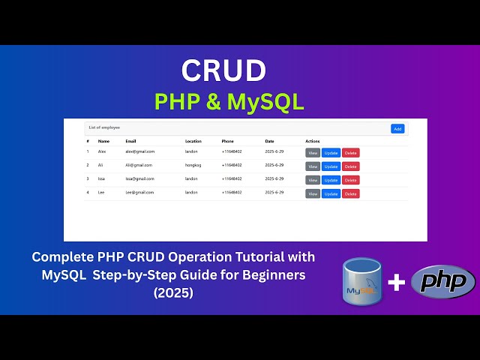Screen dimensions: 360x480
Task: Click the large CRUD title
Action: (223, 70)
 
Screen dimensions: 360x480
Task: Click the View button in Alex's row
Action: (313, 152)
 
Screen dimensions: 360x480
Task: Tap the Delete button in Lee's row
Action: (350, 193)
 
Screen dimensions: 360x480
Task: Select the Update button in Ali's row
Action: (331, 166)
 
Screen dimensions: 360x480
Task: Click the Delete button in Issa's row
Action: (350, 180)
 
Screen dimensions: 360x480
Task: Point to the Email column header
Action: (130, 141)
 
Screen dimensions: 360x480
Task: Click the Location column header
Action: (194, 141)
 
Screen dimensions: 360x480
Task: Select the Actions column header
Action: (313, 141)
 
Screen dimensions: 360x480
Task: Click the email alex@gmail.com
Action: (139, 151)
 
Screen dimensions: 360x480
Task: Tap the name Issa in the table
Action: (103, 179)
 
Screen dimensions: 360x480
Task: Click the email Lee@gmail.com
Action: (139, 193)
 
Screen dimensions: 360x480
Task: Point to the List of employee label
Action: (104, 128)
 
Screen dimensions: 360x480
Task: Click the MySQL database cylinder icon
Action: (361, 281)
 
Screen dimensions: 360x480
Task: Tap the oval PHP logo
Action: (443, 281)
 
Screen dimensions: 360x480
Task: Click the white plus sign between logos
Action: (397, 282)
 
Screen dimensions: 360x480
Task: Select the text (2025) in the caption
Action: (173, 292)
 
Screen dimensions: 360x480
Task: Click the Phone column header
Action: (228, 141)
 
